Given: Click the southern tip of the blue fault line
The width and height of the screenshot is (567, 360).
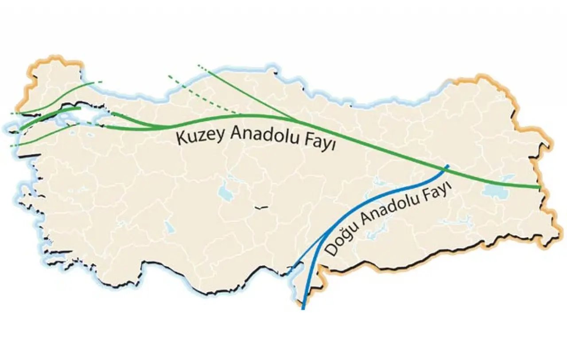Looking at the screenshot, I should (303, 308).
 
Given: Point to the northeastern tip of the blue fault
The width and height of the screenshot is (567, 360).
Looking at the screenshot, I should (449, 166).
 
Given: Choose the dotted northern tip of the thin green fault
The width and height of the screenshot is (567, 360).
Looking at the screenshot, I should (199, 66).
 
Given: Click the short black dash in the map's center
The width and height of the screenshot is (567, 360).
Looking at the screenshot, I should (262, 207).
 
